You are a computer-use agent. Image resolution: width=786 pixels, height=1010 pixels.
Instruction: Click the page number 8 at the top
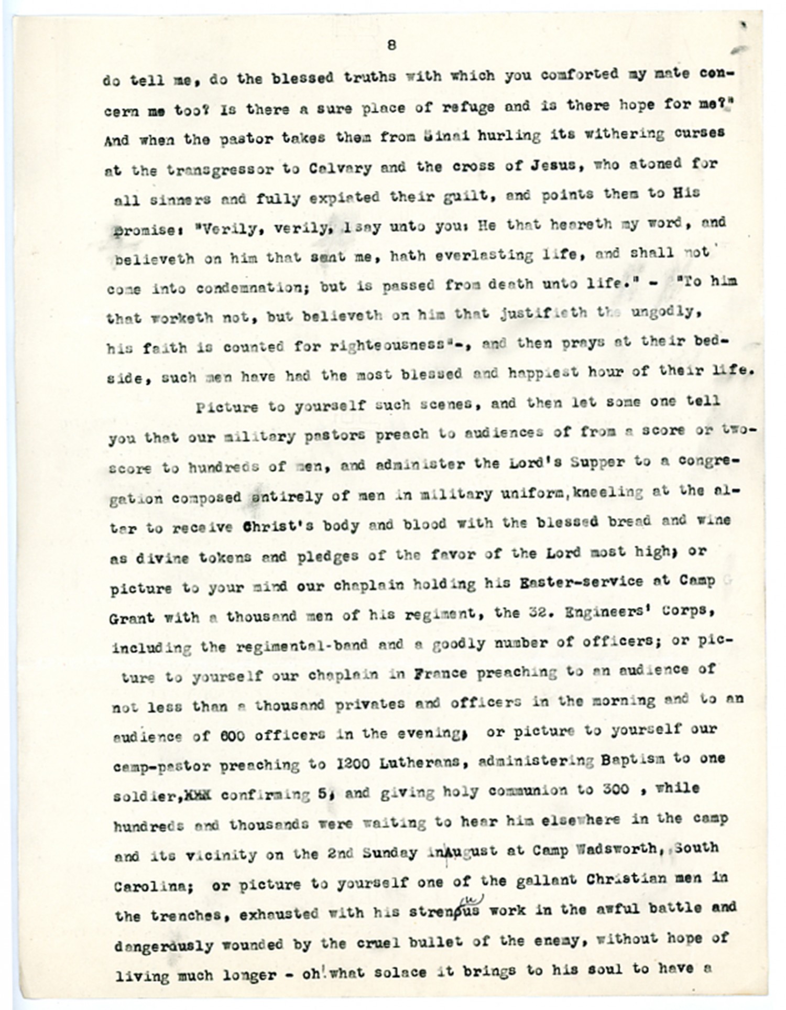[x=391, y=45]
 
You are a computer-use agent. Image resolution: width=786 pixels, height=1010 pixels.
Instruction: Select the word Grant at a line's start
[x=132, y=618]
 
